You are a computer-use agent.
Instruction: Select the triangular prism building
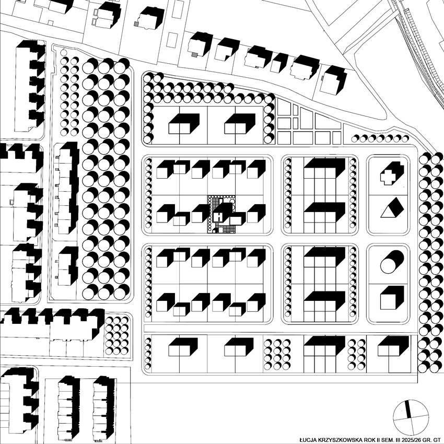[392, 208]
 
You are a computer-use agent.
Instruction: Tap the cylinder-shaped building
[392, 262]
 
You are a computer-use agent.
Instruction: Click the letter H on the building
[219, 217]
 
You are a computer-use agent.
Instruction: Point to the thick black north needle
[408, 409]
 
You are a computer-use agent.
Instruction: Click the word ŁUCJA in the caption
[307, 440]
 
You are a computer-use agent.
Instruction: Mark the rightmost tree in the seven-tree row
[405, 138]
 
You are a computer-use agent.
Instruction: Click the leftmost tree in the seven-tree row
[355, 138]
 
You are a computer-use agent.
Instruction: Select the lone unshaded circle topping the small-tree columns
[64, 52]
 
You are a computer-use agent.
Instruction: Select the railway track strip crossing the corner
[418, 48]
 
